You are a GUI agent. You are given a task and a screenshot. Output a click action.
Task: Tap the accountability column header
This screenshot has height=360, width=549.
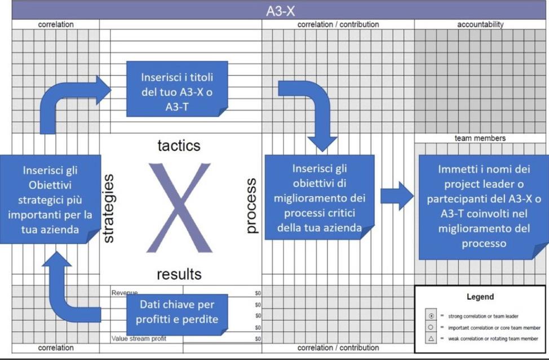(x=480, y=24)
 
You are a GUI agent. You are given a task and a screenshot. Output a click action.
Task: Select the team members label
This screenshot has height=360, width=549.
(x=480, y=138)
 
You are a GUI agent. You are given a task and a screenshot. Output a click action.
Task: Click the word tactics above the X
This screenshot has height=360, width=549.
(x=179, y=146)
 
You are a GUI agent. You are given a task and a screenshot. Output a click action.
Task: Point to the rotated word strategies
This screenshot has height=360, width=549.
(x=108, y=208)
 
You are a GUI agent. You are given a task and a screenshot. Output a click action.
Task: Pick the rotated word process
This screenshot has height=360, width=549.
(x=251, y=206)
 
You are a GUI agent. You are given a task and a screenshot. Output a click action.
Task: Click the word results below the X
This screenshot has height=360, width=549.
(x=179, y=274)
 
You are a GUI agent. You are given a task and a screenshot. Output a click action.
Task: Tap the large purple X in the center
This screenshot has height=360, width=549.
(x=179, y=208)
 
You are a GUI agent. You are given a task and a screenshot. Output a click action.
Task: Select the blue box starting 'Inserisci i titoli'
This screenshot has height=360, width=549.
(x=177, y=88)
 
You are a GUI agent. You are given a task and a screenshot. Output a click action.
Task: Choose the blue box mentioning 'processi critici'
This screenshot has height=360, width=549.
(x=319, y=197)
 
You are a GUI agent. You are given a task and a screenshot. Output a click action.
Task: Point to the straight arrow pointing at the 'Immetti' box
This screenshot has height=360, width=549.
(x=397, y=196)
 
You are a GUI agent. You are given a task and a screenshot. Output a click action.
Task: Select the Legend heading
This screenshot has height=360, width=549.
(x=480, y=297)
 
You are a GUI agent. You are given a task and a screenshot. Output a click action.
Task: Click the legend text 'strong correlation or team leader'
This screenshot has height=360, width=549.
(x=483, y=317)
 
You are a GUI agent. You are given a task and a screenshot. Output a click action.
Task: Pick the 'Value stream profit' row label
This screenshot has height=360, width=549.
(x=139, y=339)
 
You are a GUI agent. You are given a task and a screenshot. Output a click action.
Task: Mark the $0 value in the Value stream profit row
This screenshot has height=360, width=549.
(x=258, y=339)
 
